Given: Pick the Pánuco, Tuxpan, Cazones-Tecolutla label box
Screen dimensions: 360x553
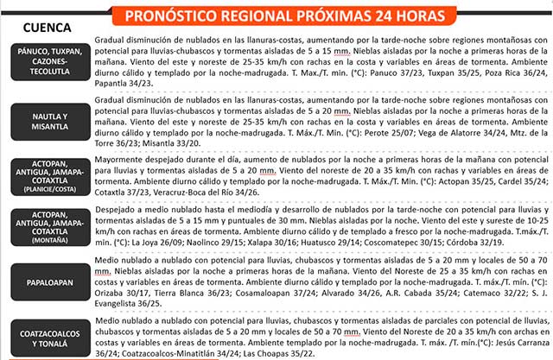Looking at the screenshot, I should click(49, 61).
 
